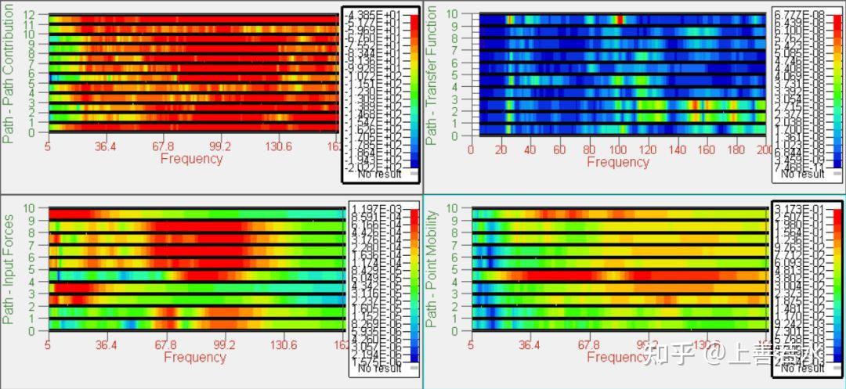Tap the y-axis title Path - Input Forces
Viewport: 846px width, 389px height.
click(9, 270)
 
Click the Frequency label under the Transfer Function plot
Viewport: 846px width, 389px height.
click(618, 162)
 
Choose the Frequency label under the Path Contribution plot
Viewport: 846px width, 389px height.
click(191, 159)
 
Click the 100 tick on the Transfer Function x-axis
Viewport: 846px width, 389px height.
click(618, 149)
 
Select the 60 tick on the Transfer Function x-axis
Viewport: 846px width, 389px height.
click(559, 149)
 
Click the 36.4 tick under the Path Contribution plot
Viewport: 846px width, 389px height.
click(106, 146)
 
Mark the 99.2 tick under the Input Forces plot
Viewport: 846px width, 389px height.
click(225, 345)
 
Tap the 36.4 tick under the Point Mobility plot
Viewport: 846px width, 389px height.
click(530, 345)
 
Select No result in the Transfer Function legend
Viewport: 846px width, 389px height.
click(800, 174)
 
